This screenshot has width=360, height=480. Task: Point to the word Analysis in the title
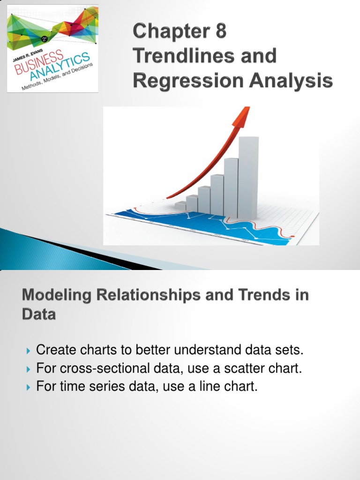(x=294, y=81)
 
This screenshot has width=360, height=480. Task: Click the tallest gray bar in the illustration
(x=248, y=178)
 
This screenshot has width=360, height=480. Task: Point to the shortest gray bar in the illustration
(x=180, y=206)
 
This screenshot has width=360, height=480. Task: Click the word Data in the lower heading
(x=38, y=315)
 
